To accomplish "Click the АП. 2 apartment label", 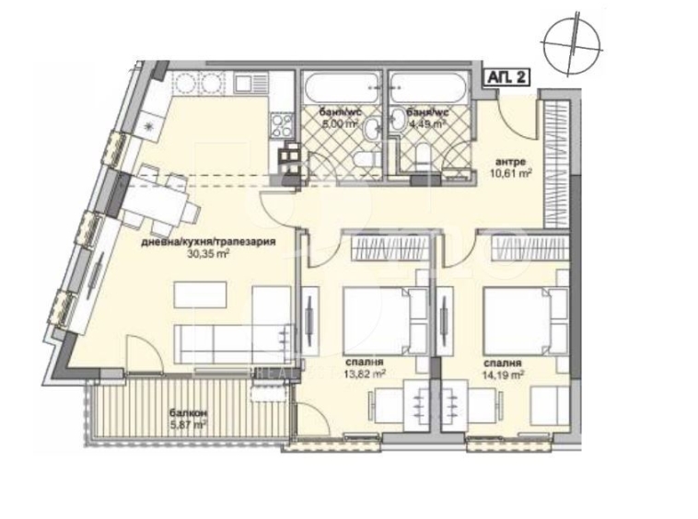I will (507, 78).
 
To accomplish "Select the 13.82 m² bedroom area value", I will (365, 374).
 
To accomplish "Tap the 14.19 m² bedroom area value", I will (504, 374).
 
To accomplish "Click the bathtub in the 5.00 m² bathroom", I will (343, 90).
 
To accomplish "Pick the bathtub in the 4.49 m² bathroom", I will (431, 90).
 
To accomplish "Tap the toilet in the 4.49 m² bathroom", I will (423, 156).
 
